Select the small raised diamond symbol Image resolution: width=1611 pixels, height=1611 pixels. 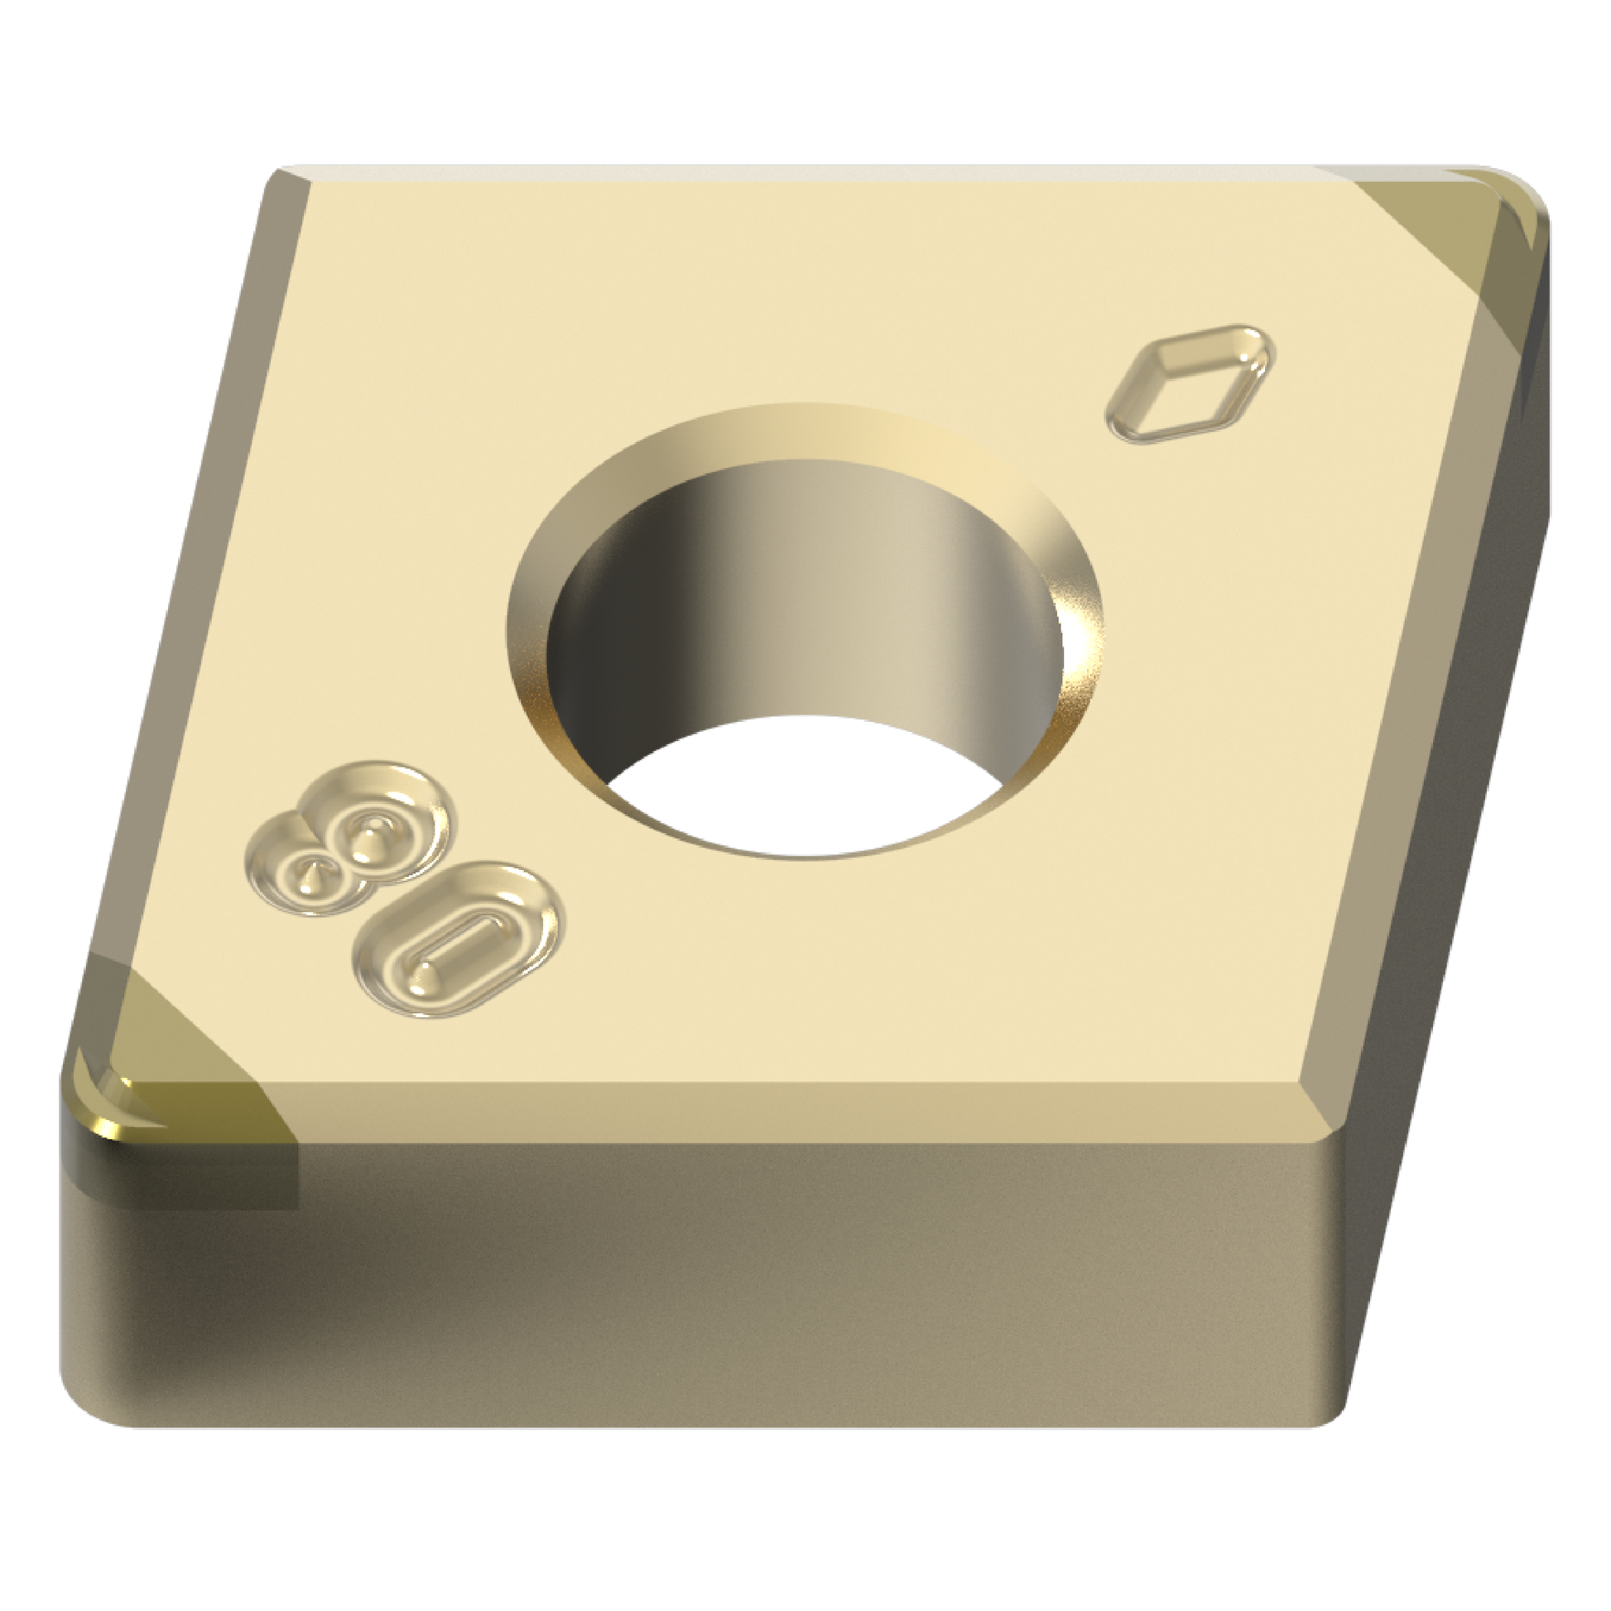click(1189, 382)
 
